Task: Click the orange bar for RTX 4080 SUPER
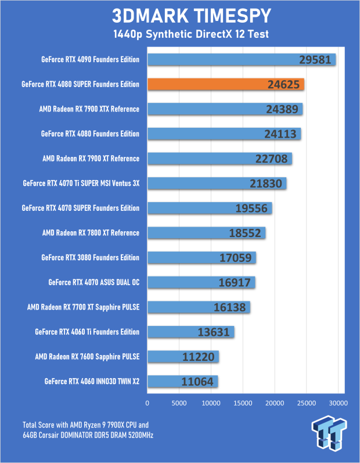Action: coord(226,84)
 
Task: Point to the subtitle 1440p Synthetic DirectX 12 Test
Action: coord(179,35)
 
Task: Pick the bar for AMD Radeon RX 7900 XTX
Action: coord(225,109)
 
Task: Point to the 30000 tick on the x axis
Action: coord(338,403)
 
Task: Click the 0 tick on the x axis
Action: coord(147,403)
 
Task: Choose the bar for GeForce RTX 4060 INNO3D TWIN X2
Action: coord(183,382)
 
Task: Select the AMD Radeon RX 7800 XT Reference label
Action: coord(91,233)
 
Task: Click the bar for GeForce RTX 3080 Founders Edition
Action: coord(201,257)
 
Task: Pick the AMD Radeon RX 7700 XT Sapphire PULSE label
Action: coord(84,307)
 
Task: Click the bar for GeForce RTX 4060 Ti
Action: coord(191,332)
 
